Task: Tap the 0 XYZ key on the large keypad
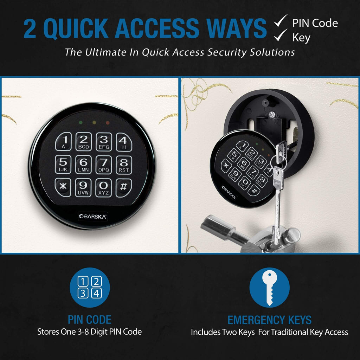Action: (103, 187)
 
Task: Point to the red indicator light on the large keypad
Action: (108, 123)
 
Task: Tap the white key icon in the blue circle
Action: (269, 288)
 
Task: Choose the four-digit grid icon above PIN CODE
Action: (89, 287)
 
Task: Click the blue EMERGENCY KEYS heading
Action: (269, 320)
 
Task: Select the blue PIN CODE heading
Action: (89, 320)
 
